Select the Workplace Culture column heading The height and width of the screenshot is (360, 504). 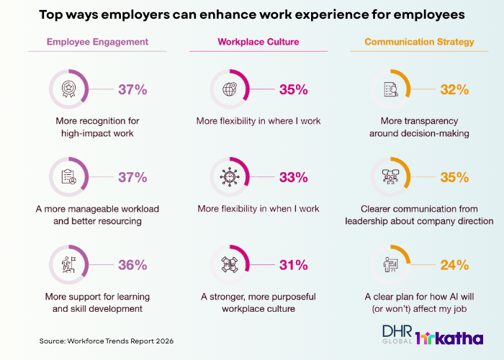pyautogui.click(x=249, y=42)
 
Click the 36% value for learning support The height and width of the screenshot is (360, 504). pyautogui.click(x=132, y=265)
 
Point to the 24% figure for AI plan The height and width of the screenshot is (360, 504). pyautogui.click(x=454, y=265)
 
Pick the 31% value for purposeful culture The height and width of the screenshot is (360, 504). pyautogui.click(x=294, y=265)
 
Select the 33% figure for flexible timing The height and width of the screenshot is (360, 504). pyautogui.click(x=294, y=177)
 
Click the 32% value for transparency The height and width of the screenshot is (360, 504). pyautogui.click(x=454, y=90)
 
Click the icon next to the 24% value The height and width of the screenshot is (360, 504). pyautogui.click(x=391, y=265)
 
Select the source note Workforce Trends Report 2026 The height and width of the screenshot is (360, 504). pyautogui.click(x=107, y=340)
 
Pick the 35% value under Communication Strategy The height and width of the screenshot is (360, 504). pyautogui.click(x=454, y=177)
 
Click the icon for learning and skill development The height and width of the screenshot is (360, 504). pyautogui.click(x=69, y=265)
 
